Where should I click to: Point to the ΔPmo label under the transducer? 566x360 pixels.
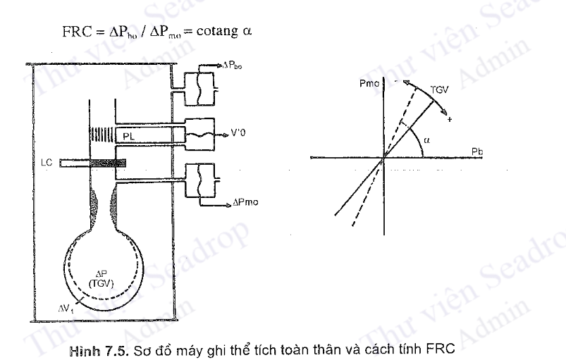coord(246,202)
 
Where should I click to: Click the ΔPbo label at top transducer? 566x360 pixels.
coord(233,64)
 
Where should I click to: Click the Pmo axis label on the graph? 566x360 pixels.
coord(370,84)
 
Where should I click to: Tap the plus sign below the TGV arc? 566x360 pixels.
coord(448,120)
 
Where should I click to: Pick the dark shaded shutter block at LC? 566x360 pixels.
coord(109,163)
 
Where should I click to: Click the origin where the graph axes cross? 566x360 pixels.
coord(384,159)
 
